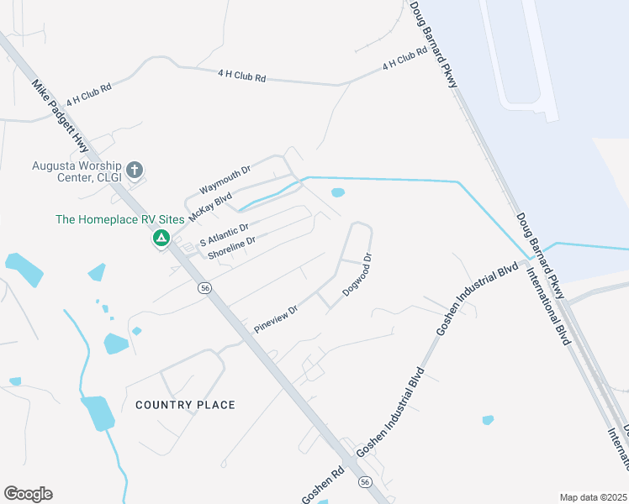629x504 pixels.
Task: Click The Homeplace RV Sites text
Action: pyautogui.click(x=106, y=219)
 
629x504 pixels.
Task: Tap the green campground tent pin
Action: pyautogui.click(x=160, y=239)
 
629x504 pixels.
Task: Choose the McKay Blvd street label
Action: pyautogui.click(x=210, y=206)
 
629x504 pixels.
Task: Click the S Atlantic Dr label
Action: pyautogui.click(x=224, y=234)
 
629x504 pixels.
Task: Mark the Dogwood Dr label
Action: pyautogui.click(x=357, y=275)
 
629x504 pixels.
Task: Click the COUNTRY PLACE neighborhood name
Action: pyautogui.click(x=185, y=405)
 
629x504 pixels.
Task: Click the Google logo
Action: pyautogui.click(x=28, y=494)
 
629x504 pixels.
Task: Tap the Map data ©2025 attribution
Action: pyautogui.click(x=593, y=497)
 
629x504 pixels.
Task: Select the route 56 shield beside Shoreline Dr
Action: pyautogui.click(x=204, y=288)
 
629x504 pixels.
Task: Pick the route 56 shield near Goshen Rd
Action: pyautogui.click(x=365, y=481)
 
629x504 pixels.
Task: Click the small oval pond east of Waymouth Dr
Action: pyautogui.click(x=338, y=193)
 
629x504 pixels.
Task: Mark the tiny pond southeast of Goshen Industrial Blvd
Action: pyautogui.click(x=488, y=419)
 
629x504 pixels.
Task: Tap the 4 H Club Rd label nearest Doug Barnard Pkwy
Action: pyautogui.click(x=404, y=60)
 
